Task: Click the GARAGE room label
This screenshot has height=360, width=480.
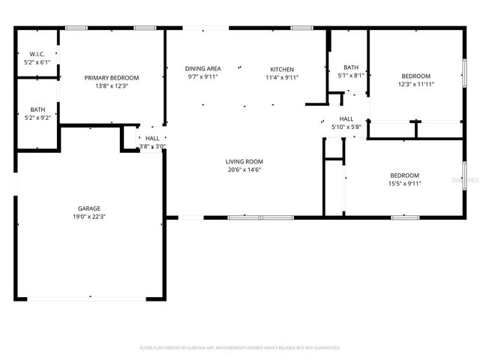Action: (89, 208)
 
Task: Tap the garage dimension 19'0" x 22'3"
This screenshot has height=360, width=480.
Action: (89, 217)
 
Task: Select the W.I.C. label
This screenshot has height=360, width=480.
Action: (37, 55)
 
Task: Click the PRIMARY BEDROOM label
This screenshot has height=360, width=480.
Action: (111, 77)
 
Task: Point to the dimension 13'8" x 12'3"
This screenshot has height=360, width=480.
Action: (111, 85)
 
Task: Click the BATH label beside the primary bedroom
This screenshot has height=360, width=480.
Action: (37, 109)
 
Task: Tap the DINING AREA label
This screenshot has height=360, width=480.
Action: (202, 69)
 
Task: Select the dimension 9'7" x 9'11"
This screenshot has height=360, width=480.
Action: (202, 77)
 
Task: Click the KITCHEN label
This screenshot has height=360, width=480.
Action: (282, 69)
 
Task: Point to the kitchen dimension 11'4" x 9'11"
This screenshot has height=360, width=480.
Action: (282, 77)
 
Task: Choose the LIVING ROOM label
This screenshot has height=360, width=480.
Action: (244, 161)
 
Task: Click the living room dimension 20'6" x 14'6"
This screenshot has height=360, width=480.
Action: (244, 169)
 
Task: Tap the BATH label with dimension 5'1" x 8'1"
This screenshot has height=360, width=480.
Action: (351, 67)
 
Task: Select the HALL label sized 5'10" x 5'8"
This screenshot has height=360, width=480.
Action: (346, 118)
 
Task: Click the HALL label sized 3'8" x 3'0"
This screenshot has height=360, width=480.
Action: (152, 138)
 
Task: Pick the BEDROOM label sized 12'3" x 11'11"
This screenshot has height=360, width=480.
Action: (415, 76)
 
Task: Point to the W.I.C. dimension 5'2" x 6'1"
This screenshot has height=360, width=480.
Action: (37, 62)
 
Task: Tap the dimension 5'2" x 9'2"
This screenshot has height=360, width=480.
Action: (37, 118)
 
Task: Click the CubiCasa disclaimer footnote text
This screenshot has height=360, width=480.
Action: (240, 348)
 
